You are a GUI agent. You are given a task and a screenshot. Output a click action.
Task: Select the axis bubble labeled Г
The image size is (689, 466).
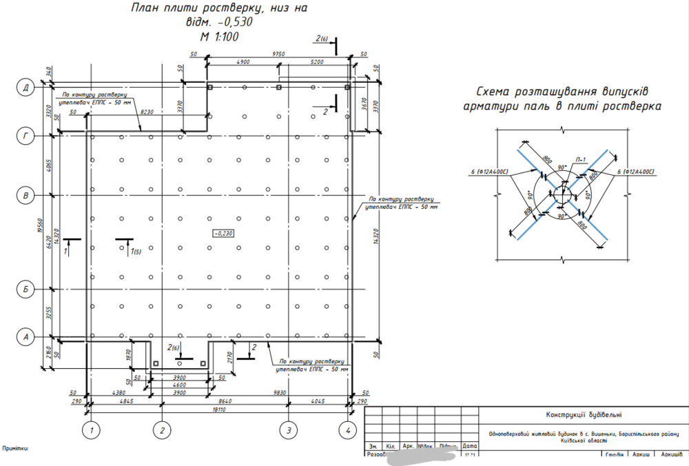[26, 136]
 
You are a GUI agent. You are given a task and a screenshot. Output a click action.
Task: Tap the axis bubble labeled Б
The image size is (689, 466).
[26, 289]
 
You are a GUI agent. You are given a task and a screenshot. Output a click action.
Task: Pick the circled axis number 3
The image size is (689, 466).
[289, 430]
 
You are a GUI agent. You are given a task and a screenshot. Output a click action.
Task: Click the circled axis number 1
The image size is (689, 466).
[90, 430]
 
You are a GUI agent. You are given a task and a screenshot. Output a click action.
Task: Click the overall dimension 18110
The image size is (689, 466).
[220, 409]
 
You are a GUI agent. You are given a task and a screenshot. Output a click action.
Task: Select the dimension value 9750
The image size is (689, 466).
[279, 53]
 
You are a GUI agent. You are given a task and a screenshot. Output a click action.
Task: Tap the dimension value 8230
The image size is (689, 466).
[147, 111]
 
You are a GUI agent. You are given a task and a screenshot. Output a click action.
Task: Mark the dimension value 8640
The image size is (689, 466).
[225, 400]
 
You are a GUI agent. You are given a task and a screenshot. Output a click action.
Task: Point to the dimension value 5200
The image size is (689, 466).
[316, 62]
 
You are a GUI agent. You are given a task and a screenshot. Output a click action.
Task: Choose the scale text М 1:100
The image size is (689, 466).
[218, 37]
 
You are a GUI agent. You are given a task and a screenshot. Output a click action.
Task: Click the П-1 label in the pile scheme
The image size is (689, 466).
[580, 160]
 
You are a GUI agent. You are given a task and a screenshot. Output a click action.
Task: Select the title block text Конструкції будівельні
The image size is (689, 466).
[584, 414]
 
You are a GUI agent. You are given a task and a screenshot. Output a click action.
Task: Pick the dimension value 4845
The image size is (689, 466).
[126, 400]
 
